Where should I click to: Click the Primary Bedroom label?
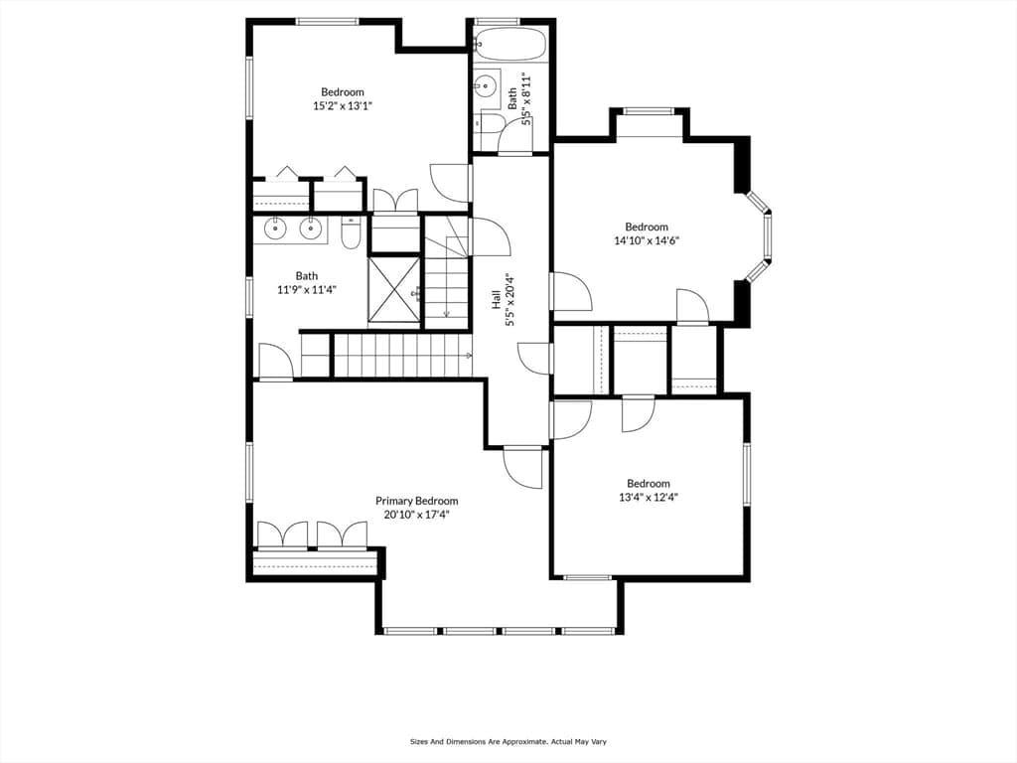(x=416, y=501)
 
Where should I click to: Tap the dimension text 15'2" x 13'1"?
(x=343, y=105)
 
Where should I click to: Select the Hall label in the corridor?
(x=497, y=299)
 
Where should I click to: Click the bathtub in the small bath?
(x=509, y=44)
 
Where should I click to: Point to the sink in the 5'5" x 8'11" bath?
(x=484, y=84)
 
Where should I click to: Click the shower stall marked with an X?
(x=394, y=289)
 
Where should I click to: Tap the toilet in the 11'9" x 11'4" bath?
(x=351, y=233)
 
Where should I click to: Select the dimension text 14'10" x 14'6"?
(x=647, y=240)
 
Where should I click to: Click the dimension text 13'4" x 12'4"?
(x=649, y=498)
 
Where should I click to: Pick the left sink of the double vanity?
(x=276, y=228)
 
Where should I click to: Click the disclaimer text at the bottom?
(x=508, y=741)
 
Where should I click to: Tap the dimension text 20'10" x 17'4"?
(x=416, y=516)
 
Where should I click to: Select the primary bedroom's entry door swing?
(x=522, y=468)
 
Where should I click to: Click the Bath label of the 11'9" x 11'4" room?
(x=307, y=276)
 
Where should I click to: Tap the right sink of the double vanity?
(x=311, y=228)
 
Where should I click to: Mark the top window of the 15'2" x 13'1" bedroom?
(x=328, y=22)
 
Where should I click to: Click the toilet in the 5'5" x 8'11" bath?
(x=489, y=123)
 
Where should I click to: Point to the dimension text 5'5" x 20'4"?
(x=511, y=299)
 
